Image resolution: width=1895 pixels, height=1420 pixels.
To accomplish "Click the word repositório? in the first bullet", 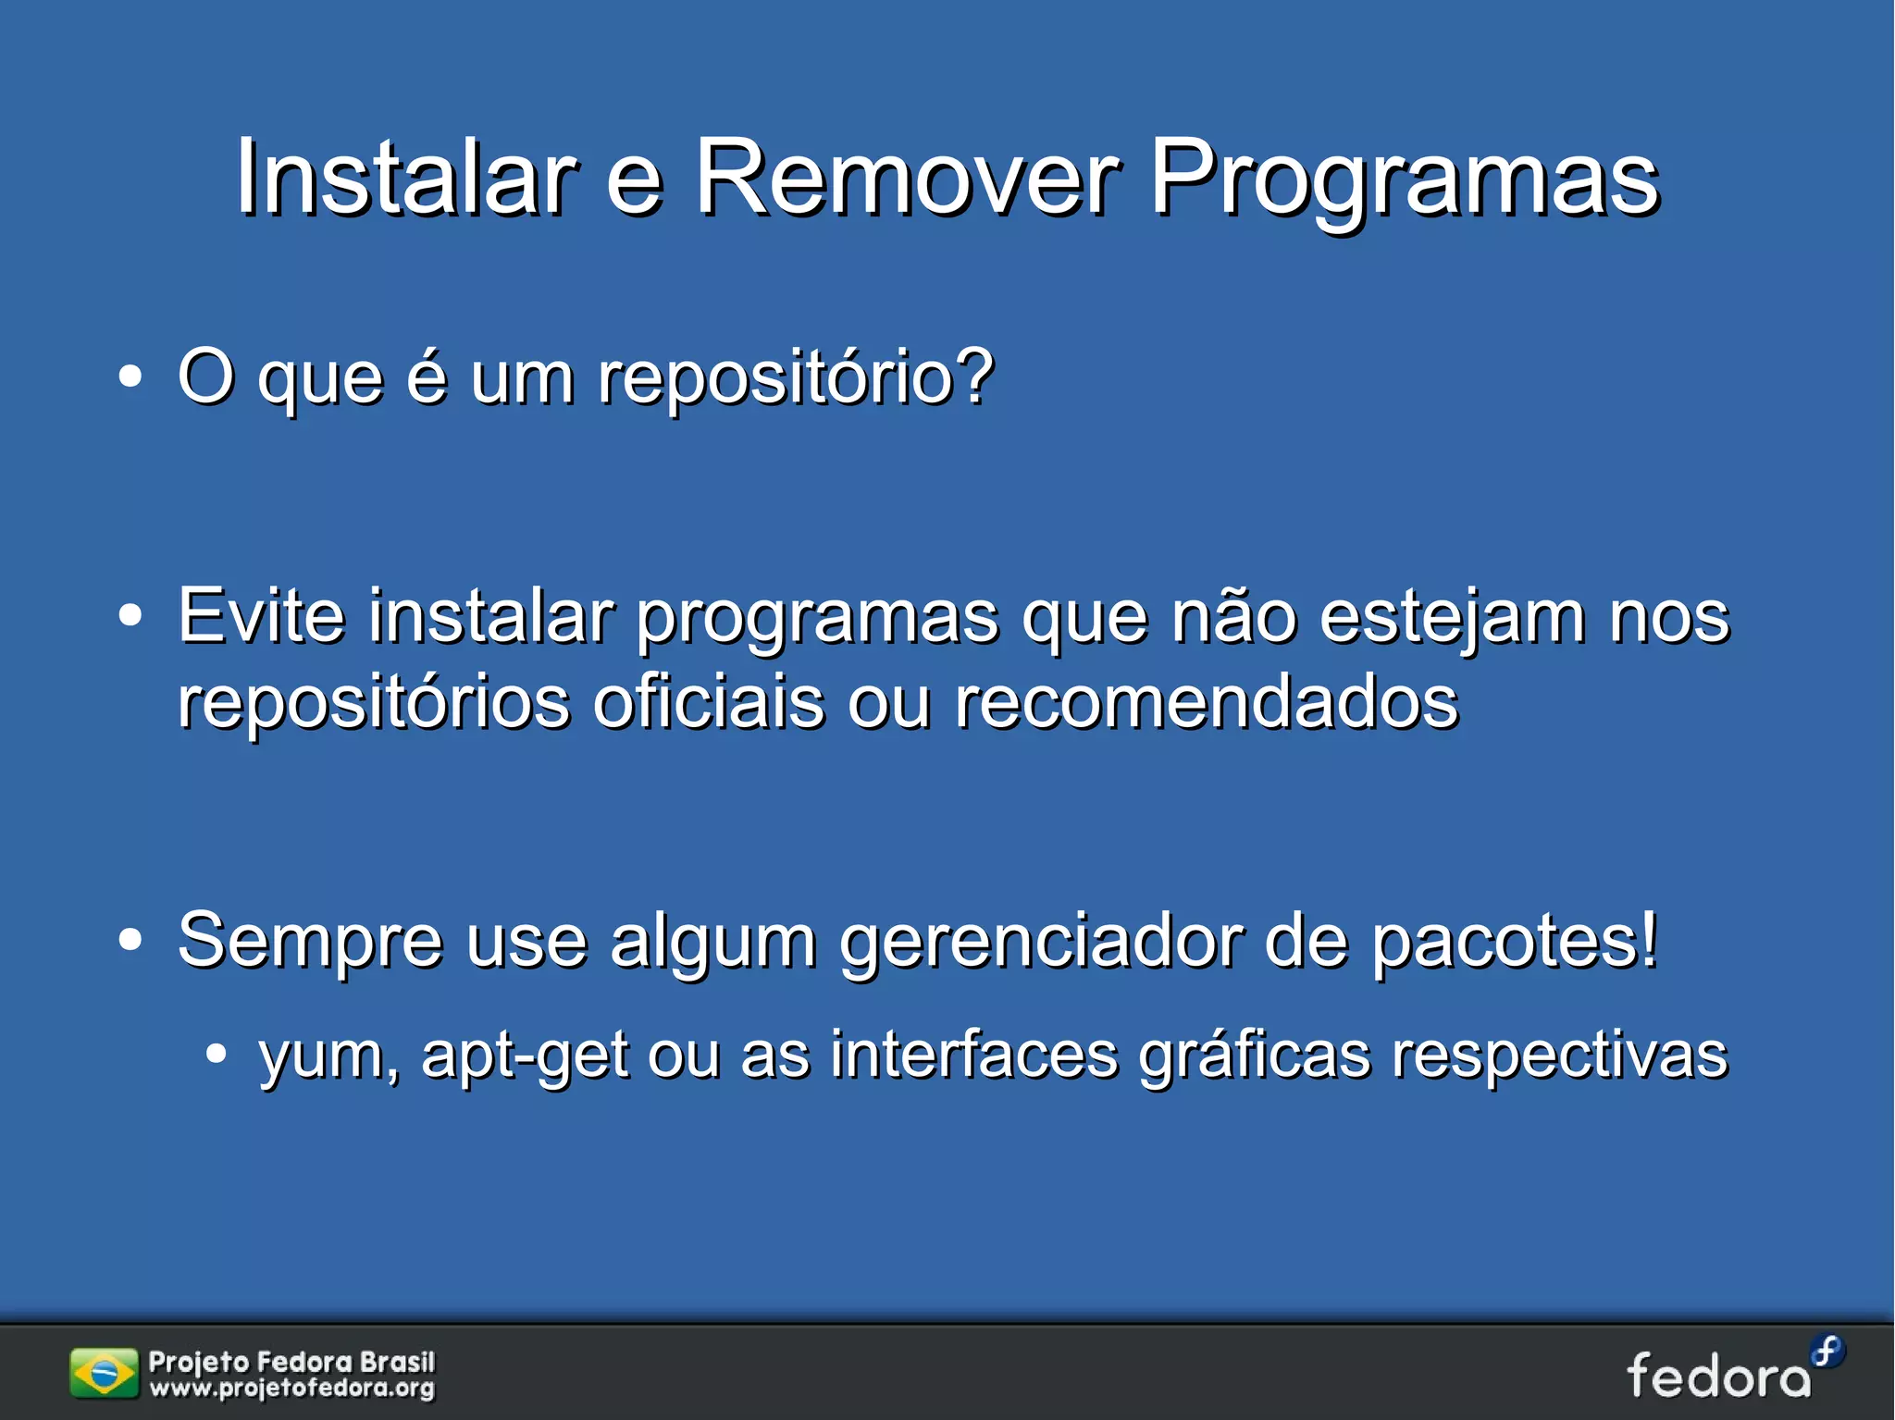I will [x=796, y=377].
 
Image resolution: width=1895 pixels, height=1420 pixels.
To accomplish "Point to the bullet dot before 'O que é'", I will [x=130, y=377].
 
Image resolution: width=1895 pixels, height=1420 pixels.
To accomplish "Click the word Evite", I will [x=261, y=615].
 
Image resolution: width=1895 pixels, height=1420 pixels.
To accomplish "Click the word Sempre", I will [x=310, y=942].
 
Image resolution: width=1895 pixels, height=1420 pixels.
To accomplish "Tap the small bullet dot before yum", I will [x=216, y=1053].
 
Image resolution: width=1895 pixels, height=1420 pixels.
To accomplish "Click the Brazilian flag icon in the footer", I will [x=104, y=1373].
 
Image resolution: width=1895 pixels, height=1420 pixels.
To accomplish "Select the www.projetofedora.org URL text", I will [x=292, y=1389].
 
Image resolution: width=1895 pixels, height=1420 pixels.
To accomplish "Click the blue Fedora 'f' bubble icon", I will [x=1827, y=1352].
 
